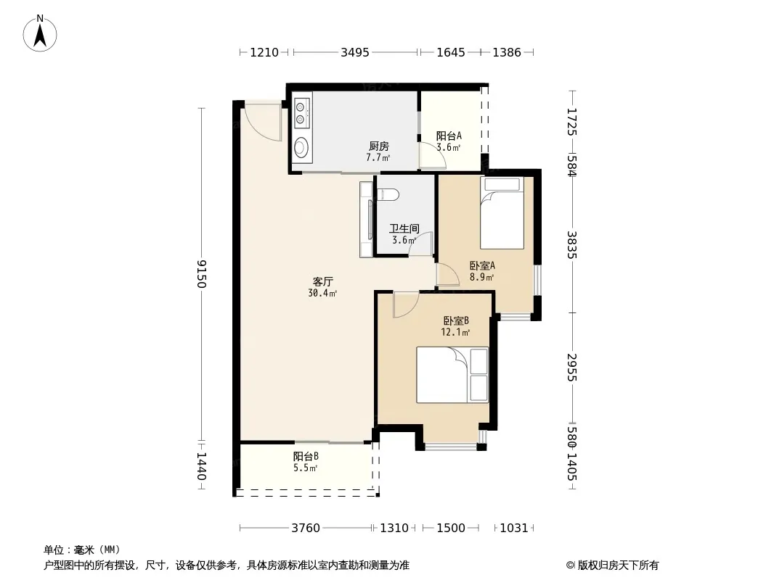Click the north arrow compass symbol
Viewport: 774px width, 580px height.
point(40,33)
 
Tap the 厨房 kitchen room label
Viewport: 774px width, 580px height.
point(378,146)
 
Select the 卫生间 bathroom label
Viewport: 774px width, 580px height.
point(404,228)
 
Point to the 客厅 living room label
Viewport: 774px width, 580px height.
point(323,281)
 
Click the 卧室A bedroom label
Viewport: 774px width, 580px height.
point(482,265)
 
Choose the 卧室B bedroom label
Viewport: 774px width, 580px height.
point(455,320)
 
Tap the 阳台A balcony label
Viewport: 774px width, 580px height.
point(449,136)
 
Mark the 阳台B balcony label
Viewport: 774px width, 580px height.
point(306,456)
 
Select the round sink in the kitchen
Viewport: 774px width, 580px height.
point(301,147)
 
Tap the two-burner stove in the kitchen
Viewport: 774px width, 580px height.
point(301,113)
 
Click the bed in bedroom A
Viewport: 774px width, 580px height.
point(502,213)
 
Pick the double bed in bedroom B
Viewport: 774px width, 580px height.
point(452,375)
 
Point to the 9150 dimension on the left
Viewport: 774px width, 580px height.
point(201,274)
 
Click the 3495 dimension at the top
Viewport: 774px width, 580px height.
point(355,52)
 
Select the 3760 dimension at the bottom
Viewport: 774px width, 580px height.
point(306,529)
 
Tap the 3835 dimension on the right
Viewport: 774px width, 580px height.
point(572,245)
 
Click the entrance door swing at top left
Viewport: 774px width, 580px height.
point(263,124)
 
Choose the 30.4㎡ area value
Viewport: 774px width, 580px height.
point(323,293)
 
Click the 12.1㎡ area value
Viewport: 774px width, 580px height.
point(455,332)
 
